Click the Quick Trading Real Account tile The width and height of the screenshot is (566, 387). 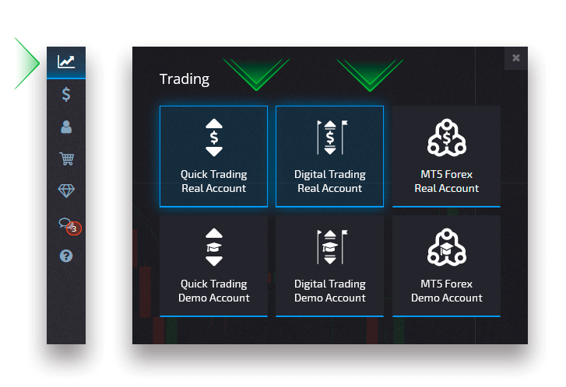point(213,156)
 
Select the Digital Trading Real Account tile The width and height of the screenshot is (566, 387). point(329,156)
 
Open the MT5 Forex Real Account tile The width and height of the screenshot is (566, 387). point(446,156)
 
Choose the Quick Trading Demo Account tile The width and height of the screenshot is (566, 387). point(213,266)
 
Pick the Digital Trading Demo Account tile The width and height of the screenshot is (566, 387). point(329,266)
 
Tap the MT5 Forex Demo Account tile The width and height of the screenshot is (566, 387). point(446,266)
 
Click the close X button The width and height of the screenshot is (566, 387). point(515,58)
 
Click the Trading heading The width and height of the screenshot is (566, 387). point(185,78)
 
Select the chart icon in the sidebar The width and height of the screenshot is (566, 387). point(66,61)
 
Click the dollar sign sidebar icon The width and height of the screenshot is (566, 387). point(66,95)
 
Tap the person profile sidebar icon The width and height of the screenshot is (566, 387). point(66,127)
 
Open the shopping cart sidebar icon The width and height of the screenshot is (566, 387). point(66,159)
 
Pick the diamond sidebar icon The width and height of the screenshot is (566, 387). point(66,191)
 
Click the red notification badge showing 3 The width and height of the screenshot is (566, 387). point(74,228)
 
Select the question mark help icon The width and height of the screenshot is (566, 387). point(66,256)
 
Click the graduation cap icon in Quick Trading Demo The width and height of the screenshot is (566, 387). point(214,248)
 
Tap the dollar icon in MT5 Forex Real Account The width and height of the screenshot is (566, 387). point(447,139)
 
